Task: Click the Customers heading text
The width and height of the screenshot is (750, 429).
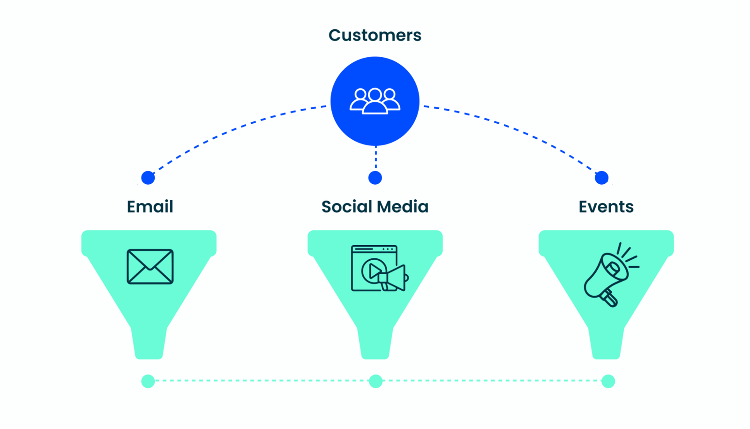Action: click(x=375, y=35)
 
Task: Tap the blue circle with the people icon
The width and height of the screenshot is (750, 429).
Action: click(x=375, y=101)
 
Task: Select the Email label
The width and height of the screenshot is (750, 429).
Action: click(x=150, y=207)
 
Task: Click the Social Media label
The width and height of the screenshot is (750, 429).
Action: click(x=375, y=207)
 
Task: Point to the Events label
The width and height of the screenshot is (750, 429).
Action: click(x=606, y=207)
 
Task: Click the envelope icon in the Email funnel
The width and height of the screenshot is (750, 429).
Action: click(x=150, y=267)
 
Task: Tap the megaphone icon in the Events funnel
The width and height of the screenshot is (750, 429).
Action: click(x=609, y=275)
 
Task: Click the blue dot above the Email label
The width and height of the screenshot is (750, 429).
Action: click(x=148, y=178)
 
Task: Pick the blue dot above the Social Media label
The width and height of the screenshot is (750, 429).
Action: click(x=375, y=178)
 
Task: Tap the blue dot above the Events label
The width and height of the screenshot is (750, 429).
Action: click(x=601, y=178)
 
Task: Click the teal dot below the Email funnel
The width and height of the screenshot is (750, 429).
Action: click(x=148, y=381)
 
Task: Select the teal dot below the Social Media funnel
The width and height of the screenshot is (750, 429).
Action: click(x=375, y=381)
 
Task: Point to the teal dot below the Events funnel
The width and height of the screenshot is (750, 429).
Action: click(x=608, y=381)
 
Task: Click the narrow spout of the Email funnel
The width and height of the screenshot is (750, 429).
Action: click(x=149, y=343)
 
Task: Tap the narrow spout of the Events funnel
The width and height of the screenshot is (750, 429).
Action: click(x=606, y=343)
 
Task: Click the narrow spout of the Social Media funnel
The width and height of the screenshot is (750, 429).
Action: click(x=375, y=343)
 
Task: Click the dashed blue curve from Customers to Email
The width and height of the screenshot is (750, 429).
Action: click(x=234, y=128)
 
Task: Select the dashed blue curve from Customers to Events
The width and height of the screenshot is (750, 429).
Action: click(x=516, y=128)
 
